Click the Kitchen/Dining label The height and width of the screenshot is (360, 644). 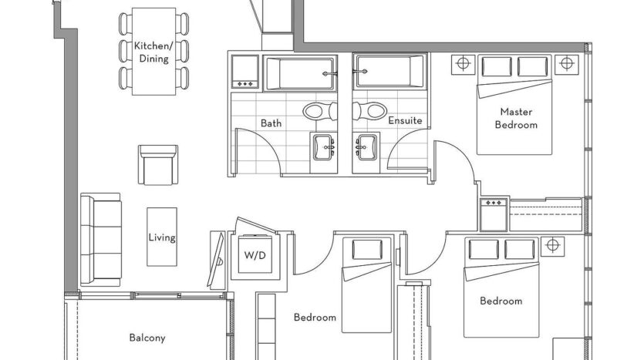tap(153, 52)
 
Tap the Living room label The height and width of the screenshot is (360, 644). tap(162, 237)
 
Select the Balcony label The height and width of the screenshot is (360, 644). tap(147, 338)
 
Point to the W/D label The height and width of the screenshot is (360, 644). tap(255, 255)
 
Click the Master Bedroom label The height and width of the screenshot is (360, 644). tap(516, 118)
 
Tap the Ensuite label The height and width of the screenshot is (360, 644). tap(405, 121)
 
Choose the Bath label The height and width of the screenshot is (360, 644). tap(271, 123)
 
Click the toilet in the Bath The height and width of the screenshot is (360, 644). tap(320, 111)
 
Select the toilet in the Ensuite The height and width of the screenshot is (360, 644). tap(369, 110)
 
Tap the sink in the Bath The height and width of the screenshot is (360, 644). tap(324, 146)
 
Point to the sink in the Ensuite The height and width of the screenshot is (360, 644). tap(366, 146)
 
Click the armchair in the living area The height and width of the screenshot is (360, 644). tap(158, 165)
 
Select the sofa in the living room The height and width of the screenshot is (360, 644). tap(101, 240)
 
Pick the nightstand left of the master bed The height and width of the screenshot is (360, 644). tap(464, 64)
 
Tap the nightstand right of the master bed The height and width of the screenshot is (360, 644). tap(567, 64)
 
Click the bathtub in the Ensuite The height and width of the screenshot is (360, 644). tap(388, 72)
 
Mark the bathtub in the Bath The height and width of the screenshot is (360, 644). tap(301, 72)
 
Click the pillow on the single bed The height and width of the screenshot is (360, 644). tap(367, 249)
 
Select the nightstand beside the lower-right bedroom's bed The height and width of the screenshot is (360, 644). tap(552, 246)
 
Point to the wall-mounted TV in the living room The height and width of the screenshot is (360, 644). tap(216, 260)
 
